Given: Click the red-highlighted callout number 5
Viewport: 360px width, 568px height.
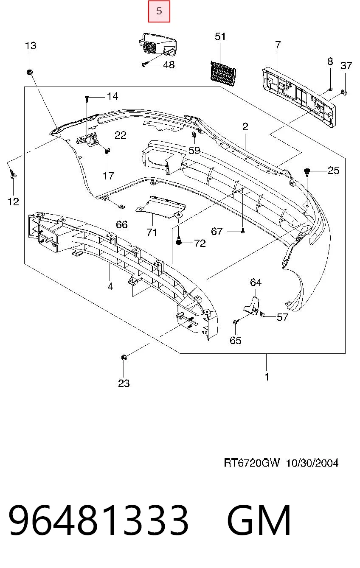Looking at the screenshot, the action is pos(159,11).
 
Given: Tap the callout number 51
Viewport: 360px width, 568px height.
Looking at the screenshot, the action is pos(220,36).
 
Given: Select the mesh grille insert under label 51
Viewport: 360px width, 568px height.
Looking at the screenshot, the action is pos(223,74).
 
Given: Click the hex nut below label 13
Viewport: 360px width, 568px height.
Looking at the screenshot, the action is pos(29,72).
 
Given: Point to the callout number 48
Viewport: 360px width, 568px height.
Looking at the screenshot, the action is pos(169,65).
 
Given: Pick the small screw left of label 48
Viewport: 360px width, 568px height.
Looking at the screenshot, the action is pos(144,64).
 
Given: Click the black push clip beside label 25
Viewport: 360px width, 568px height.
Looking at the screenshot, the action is pos(307,171).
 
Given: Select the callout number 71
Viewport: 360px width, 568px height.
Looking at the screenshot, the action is pos(152,232).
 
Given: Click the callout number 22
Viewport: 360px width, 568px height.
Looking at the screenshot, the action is pos(121,135).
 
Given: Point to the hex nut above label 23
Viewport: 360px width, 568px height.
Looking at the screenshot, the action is pos(124,357).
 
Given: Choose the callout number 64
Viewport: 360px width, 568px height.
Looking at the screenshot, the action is pos(256,283).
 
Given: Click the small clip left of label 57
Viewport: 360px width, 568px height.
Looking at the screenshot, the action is pos(262,315).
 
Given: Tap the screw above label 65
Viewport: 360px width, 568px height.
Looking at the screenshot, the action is pos(236,322).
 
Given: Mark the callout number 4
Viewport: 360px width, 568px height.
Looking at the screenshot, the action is pos(110,287).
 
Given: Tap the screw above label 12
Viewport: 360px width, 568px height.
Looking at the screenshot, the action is pos(13,174).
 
